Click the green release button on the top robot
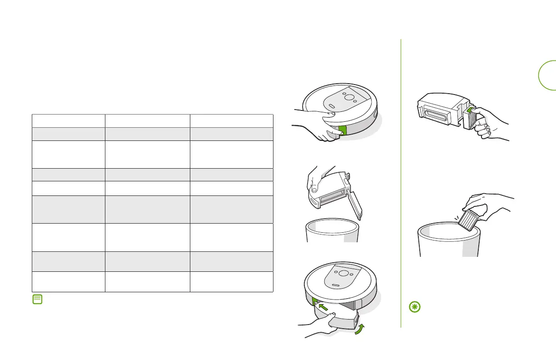coord(343,130)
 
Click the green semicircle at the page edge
coord(547,75)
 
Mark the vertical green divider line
coord(401,182)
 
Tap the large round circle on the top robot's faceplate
coord(349,97)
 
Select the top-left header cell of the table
coord(68,120)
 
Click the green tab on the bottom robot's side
coord(314,300)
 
